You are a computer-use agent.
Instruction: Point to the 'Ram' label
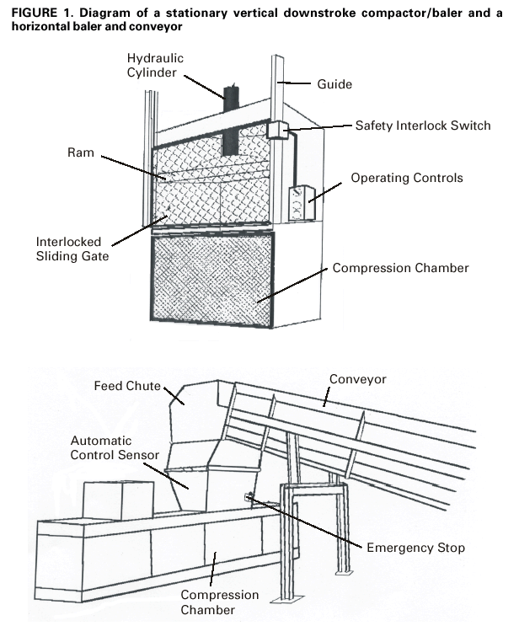pos(80,154)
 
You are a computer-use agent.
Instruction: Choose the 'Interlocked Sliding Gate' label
pos(72,249)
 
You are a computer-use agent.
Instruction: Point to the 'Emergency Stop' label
pos(415,548)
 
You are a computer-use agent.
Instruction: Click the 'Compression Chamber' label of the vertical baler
pos(400,269)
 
